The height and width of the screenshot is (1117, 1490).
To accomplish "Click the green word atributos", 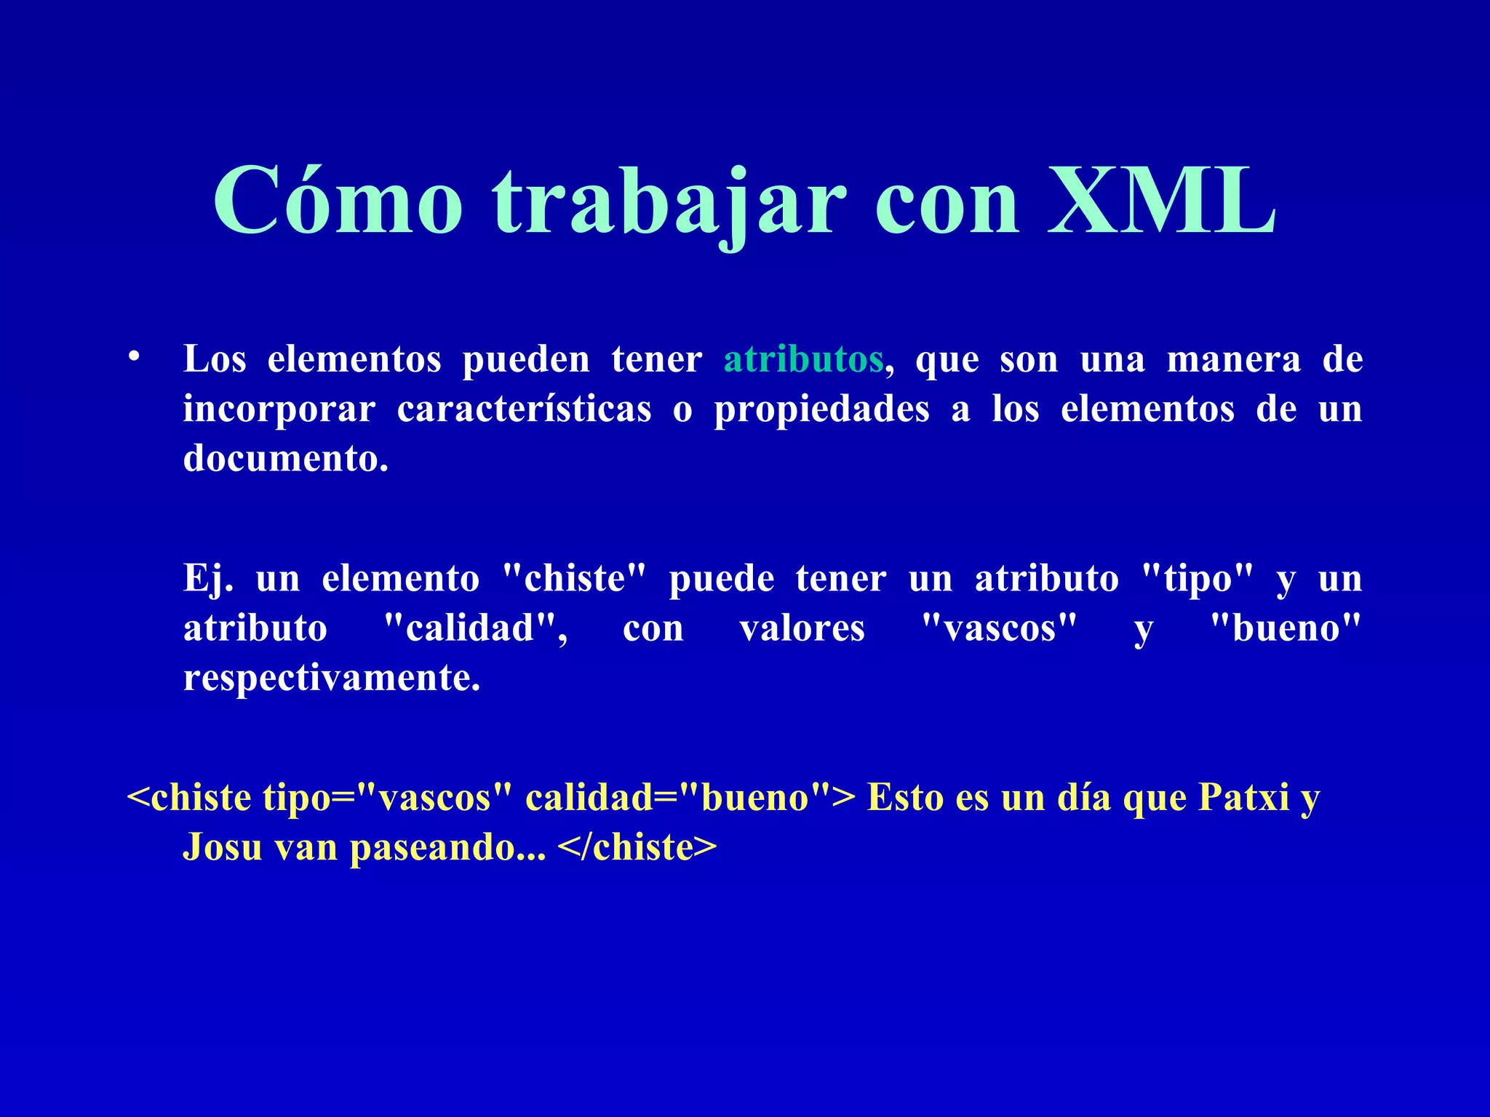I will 803,359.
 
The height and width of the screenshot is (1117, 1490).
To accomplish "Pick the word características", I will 524,409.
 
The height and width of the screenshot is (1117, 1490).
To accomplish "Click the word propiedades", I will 821,410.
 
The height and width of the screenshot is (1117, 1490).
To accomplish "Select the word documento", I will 285,458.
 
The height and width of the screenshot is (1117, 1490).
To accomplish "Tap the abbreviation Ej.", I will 208,580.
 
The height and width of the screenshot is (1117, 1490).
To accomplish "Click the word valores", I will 802,628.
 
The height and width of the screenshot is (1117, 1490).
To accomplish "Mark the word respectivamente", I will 332,678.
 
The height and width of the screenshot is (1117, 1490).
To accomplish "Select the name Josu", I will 222,847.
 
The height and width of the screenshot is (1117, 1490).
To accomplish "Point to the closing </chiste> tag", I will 637,847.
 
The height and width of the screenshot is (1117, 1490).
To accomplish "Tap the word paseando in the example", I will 447,849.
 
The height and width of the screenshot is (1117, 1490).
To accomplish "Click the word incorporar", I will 279,410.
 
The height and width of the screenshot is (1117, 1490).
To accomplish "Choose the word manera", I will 1233,359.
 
